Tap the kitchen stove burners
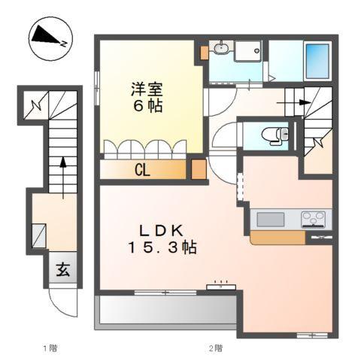coord(314,219)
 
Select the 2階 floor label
coord(215,348)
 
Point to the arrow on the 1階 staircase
coord(63,164)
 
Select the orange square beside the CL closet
coord(198,168)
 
